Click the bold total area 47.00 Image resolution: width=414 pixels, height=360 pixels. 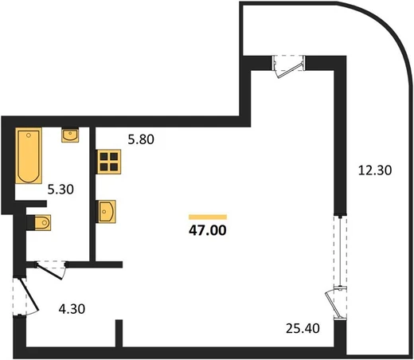[208, 230]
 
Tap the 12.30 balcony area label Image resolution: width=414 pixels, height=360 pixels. [375, 170]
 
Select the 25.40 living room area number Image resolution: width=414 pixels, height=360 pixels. [303, 328]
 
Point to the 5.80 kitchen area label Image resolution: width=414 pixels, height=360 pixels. [141, 139]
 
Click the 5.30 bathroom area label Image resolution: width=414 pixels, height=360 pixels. [61, 190]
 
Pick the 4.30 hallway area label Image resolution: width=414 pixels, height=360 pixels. [72, 309]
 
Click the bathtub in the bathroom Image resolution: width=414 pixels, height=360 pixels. [29, 155]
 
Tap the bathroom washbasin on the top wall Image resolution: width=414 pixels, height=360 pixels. [70, 135]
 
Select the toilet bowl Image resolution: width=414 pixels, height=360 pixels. [42, 222]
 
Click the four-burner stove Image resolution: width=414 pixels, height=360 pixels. [109, 162]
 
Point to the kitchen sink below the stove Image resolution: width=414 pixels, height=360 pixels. [107, 212]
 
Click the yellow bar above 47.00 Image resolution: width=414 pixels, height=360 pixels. [208, 217]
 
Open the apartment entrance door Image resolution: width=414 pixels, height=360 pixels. [29, 294]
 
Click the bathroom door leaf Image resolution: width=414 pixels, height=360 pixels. [50, 271]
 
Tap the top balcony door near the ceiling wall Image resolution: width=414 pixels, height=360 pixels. [289, 66]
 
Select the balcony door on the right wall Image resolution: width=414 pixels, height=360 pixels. [335, 303]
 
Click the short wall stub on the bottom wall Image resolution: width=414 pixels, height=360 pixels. [119, 334]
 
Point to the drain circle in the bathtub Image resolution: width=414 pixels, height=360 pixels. [29, 135]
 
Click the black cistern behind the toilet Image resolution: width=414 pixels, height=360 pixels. [30, 222]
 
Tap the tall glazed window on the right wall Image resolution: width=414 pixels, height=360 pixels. [340, 251]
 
